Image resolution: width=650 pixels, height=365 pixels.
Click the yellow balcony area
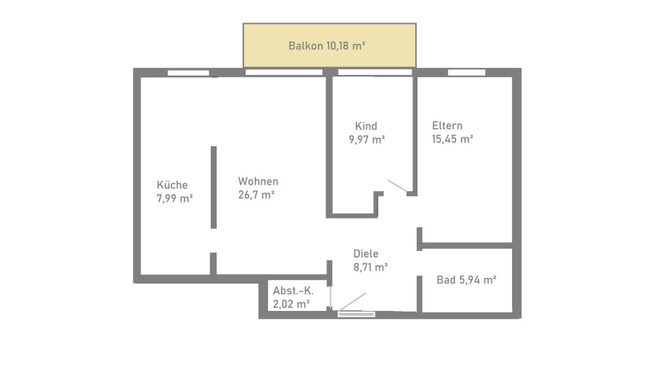coord(329,45)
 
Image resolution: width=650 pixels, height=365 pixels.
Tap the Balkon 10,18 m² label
coord(326,45)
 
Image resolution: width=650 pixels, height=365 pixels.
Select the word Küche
coord(172,185)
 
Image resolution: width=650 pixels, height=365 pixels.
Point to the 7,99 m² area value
coord(175,198)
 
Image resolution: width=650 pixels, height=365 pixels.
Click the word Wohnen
coord(258,181)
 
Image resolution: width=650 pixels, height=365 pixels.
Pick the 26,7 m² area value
coord(256,194)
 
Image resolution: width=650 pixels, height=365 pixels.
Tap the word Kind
coord(366,126)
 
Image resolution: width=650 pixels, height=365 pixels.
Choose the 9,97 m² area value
coord(367,139)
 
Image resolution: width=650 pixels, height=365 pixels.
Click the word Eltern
coord(447,126)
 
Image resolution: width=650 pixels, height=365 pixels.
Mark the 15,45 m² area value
coord(452,138)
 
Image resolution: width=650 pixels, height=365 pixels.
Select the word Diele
coord(365,254)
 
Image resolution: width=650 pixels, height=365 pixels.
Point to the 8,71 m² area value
coord(370,267)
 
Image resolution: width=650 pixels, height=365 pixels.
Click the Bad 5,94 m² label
coord(467,280)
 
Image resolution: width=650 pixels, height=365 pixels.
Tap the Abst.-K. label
coord(293,291)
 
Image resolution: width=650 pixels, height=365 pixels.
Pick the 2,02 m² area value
coord(291,304)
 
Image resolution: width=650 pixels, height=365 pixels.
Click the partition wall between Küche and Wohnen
coord(214,187)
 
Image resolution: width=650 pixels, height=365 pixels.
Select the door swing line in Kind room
coord(397,186)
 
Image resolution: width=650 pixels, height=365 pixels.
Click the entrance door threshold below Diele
coord(357,315)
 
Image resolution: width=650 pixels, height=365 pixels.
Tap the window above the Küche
coord(188,73)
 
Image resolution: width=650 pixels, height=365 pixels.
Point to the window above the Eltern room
coord(467,73)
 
